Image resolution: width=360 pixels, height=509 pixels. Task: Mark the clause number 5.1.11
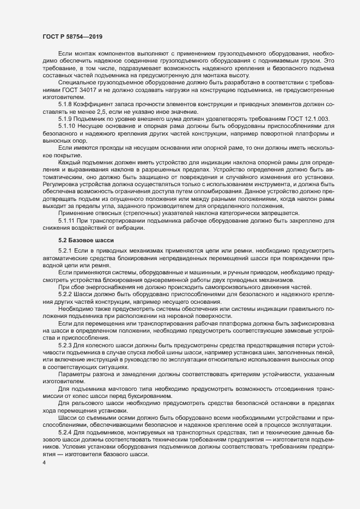[68, 220]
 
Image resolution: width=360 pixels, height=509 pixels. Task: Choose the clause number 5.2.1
[66, 249]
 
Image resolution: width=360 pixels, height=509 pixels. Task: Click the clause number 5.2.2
[66, 293]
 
